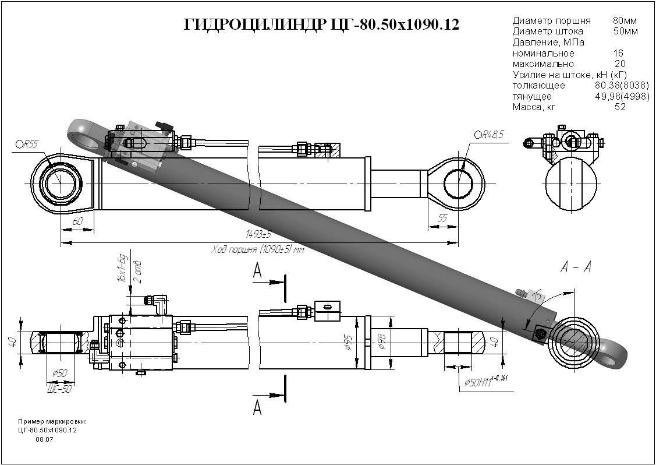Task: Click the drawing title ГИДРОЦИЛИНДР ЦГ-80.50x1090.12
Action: click(x=321, y=25)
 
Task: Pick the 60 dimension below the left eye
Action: click(x=77, y=222)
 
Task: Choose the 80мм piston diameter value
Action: click(x=625, y=21)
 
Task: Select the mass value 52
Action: click(x=620, y=107)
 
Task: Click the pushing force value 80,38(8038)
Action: click(x=621, y=86)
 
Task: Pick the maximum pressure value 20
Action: click(x=620, y=64)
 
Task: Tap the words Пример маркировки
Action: click(x=52, y=421)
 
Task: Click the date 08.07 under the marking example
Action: click(x=44, y=440)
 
